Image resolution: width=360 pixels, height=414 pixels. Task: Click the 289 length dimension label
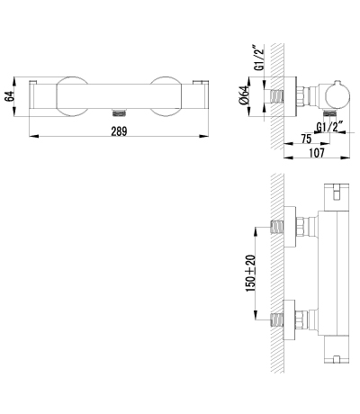119,131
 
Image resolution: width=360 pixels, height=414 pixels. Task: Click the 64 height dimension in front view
10,96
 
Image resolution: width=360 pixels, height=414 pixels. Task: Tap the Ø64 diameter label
244,95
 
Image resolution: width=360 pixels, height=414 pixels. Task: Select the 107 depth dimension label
317,153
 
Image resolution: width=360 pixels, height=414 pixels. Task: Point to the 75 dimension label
306,139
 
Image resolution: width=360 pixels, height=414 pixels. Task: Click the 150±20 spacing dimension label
250,273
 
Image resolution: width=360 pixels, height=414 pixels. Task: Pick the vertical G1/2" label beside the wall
258,58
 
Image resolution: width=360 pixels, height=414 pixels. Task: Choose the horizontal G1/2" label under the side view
329,127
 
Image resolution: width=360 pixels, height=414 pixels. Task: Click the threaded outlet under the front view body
119,112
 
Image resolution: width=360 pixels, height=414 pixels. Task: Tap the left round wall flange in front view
72,96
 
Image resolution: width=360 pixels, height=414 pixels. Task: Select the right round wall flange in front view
166,96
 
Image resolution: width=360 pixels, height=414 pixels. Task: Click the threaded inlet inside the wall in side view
276,96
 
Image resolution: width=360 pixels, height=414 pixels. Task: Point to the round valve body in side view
337,96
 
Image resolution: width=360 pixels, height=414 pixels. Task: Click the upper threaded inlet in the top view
277,227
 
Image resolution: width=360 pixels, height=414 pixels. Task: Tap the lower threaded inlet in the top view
277,319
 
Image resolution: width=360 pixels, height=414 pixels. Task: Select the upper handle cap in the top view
337,196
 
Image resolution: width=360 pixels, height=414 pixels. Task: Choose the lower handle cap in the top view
337,350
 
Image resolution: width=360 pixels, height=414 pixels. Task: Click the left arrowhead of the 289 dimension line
34,136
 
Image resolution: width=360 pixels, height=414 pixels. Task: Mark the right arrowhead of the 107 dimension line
346,157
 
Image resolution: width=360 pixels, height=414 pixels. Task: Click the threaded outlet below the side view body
329,112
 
